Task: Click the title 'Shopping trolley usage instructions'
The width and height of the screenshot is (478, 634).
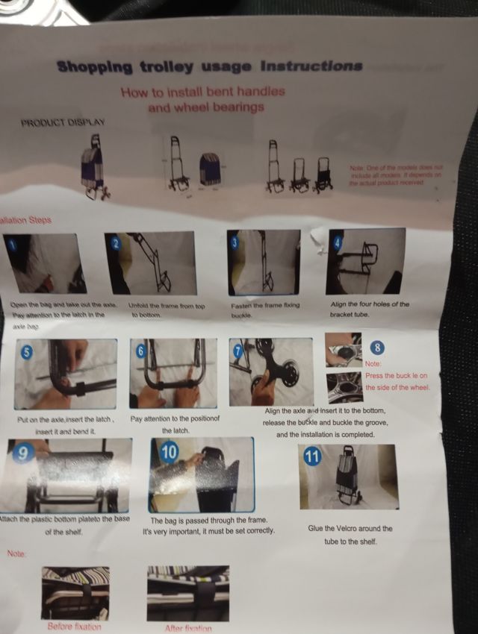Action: pyautogui.click(x=209, y=66)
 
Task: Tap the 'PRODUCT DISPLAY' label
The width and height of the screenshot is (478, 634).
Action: pyautogui.click(x=63, y=122)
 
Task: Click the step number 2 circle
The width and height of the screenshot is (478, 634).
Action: pyautogui.click(x=115, y=242)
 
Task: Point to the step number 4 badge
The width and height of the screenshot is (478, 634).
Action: pyautogui.click(x=337, y=242)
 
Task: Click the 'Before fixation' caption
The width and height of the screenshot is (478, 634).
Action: pyautogui.click(x=74, y=626)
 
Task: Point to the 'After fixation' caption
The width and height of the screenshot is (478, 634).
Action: pyautogui.click(x=187, y=628)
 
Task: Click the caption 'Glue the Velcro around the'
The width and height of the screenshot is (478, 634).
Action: pyautogui.click(x=350, y=528)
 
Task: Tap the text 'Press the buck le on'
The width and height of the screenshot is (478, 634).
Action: pyautogui.click(x=396, y=375)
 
